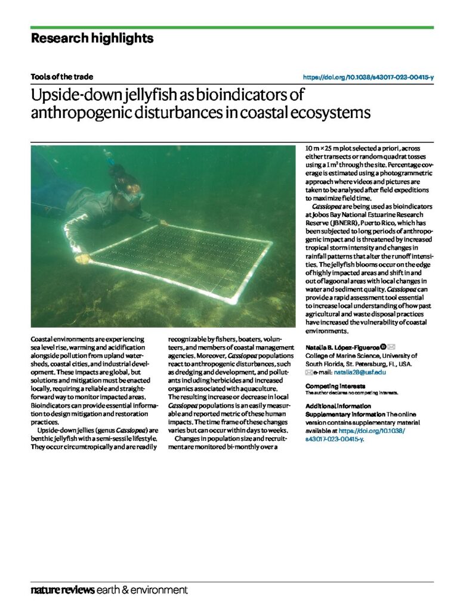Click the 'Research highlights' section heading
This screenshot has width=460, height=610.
tap(92, 39)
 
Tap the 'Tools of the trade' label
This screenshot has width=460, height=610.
tap(62, 77)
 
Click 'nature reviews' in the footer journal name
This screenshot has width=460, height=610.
tap(63, 590)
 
